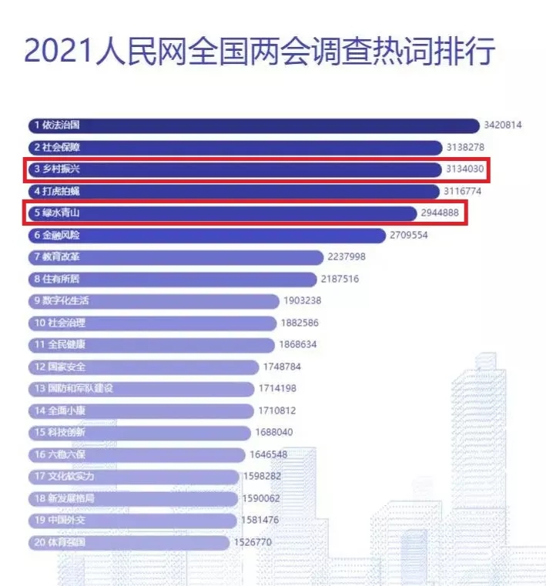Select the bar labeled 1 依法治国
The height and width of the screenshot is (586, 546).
pos(254,125)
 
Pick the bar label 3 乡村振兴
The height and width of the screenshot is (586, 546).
pos(57,169)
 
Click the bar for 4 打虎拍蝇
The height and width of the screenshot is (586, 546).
pos(231,191)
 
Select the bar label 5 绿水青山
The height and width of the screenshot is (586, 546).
pos(57,213)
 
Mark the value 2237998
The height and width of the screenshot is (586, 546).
pos(347,257)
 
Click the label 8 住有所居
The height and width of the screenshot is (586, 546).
pos(57,279)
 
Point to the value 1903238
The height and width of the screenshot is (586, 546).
pos(303,301)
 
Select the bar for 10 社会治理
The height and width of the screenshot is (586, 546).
pos(154,323)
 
